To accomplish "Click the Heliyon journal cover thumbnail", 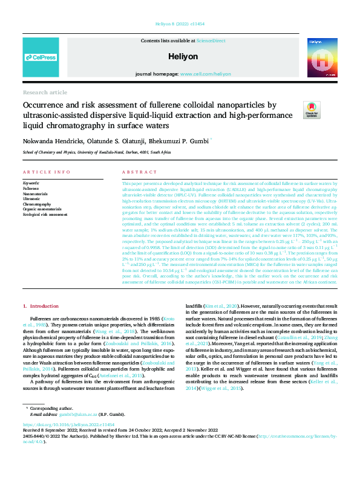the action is pos(318,56).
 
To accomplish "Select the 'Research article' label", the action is pos(45,92).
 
